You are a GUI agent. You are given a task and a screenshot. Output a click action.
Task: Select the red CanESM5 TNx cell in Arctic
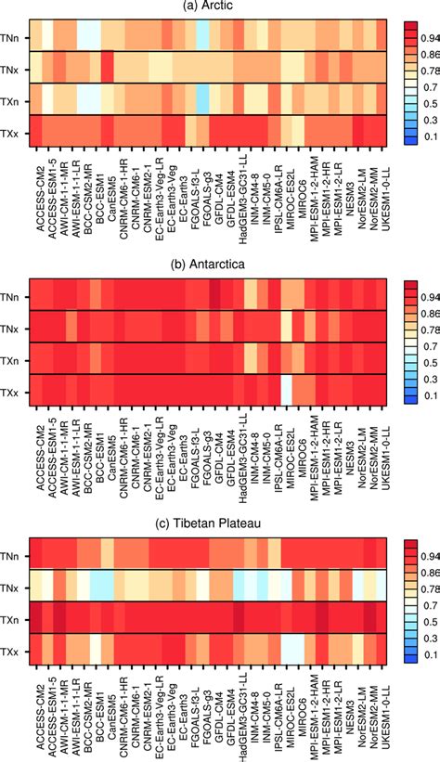[107, 67]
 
